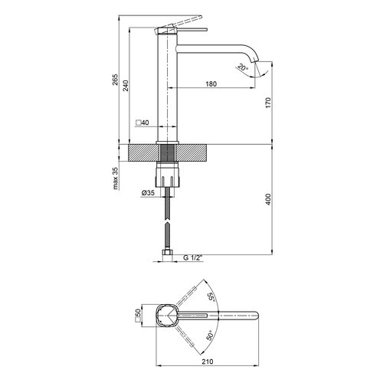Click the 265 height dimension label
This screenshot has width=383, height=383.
click(116, 80)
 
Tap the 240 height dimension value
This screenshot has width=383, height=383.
click(126, 86)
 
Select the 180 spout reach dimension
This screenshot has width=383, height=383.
click(211, 83)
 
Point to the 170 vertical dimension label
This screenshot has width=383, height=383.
click(268, 103)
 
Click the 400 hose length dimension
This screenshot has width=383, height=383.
click(268, 199)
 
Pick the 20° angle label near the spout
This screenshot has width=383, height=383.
click(242, 68)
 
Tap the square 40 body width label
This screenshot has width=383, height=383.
click(142, 123)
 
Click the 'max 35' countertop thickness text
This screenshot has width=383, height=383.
click(116, 178)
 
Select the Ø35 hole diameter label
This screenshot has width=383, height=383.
click(148, 193)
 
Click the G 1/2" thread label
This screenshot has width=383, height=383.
click(193, 258)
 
